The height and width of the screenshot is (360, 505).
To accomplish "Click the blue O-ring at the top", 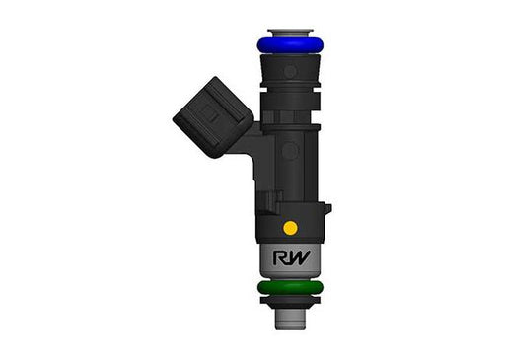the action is pyautogui.click(x=290, y=45).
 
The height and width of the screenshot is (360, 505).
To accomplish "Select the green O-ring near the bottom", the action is pyautogui.click(x=290, y=288).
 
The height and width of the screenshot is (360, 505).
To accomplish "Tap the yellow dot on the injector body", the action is pyautogui.click(x=290, y=228).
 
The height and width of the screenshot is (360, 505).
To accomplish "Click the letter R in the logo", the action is pyautogui.click(x=279, y=257).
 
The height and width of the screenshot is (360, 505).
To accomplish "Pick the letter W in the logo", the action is pyautogui.click(x=298, y=257).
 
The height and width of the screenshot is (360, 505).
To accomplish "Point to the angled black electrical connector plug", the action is pyautogui.click(x=213, y=117).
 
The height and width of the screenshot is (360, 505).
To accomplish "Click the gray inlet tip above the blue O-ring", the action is pyautogui.click(x=290, y=33).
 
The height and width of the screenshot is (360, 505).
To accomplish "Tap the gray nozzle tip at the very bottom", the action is pyautogui.click(x=290, y=320).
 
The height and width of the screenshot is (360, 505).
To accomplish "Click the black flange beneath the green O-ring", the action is pyautogui.click(x=290, y=300).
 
